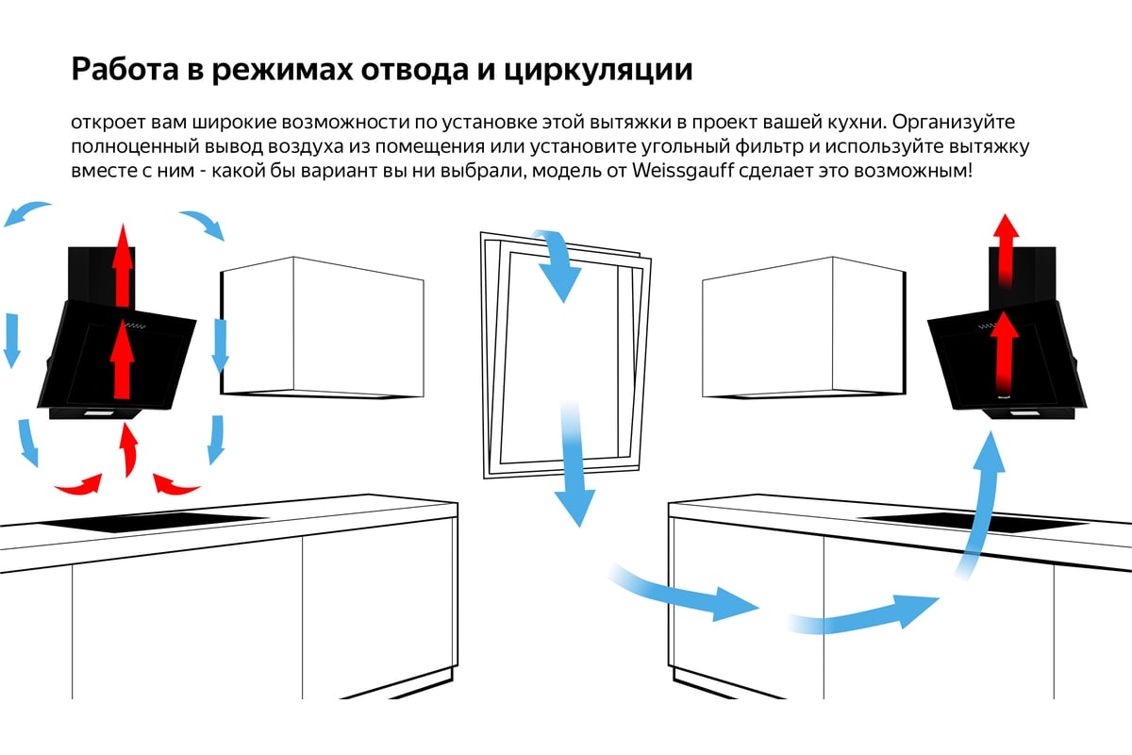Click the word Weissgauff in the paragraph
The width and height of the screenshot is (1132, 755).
pyautogui.click(x=682, y=171)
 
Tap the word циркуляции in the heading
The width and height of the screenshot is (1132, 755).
pyautogui.click(x=598, y=70)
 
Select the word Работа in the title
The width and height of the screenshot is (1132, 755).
pyautogui.click(x=125, y=69)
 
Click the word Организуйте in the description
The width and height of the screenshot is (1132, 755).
pyautogui.click(x=954, y=123)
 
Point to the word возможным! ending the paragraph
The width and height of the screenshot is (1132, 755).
pyautogui.click(x=913, y=171)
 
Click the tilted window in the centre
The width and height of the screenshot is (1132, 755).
pyautogui.click(x=565, y=355)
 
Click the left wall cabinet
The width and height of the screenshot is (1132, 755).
pyautogui.click(x=322, y=327)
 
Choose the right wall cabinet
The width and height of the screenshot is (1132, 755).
pyautogui.click(x=804, y=327)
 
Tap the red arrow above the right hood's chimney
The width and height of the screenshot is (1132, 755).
pyautogui.click(x=1006, y=250)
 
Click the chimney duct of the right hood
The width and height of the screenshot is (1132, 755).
pyautogui.click(x=1023, y=278)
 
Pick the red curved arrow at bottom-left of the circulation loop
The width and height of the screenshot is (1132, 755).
pyautogui.click(x=81, y=485)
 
